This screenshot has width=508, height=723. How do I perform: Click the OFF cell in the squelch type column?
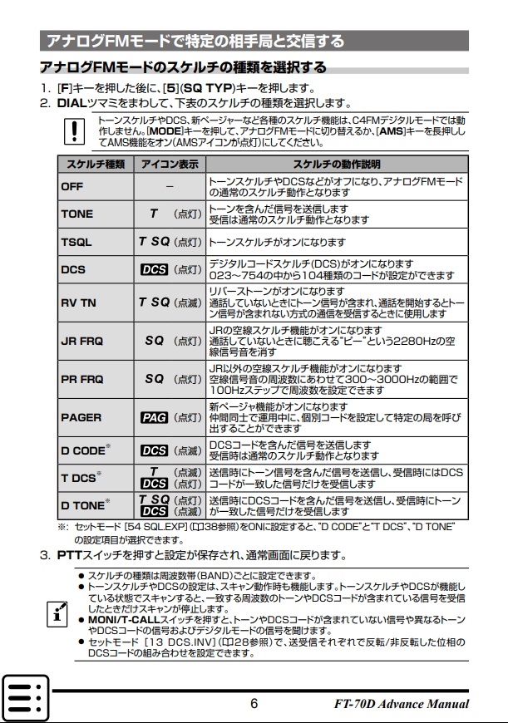72,186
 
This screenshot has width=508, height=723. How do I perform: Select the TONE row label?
77,214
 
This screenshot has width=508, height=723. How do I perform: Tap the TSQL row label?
76,242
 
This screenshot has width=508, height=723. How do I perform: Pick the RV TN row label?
79,302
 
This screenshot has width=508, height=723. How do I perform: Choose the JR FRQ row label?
81,341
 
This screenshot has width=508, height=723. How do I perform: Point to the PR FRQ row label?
81,379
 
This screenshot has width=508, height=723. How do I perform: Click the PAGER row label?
81,417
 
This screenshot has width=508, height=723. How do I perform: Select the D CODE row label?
83,450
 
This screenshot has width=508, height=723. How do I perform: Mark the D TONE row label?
83,505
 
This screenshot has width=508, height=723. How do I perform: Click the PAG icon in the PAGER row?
155,417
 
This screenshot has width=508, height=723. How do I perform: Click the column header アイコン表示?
170,164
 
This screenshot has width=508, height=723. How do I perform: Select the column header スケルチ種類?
95,164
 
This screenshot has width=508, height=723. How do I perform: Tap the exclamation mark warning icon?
76,130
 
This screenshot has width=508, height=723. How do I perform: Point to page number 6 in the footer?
254,704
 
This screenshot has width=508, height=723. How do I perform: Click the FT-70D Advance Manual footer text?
402,704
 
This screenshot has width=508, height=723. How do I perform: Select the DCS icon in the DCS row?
155,269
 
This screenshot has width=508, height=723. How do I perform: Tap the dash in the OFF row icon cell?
170,186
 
